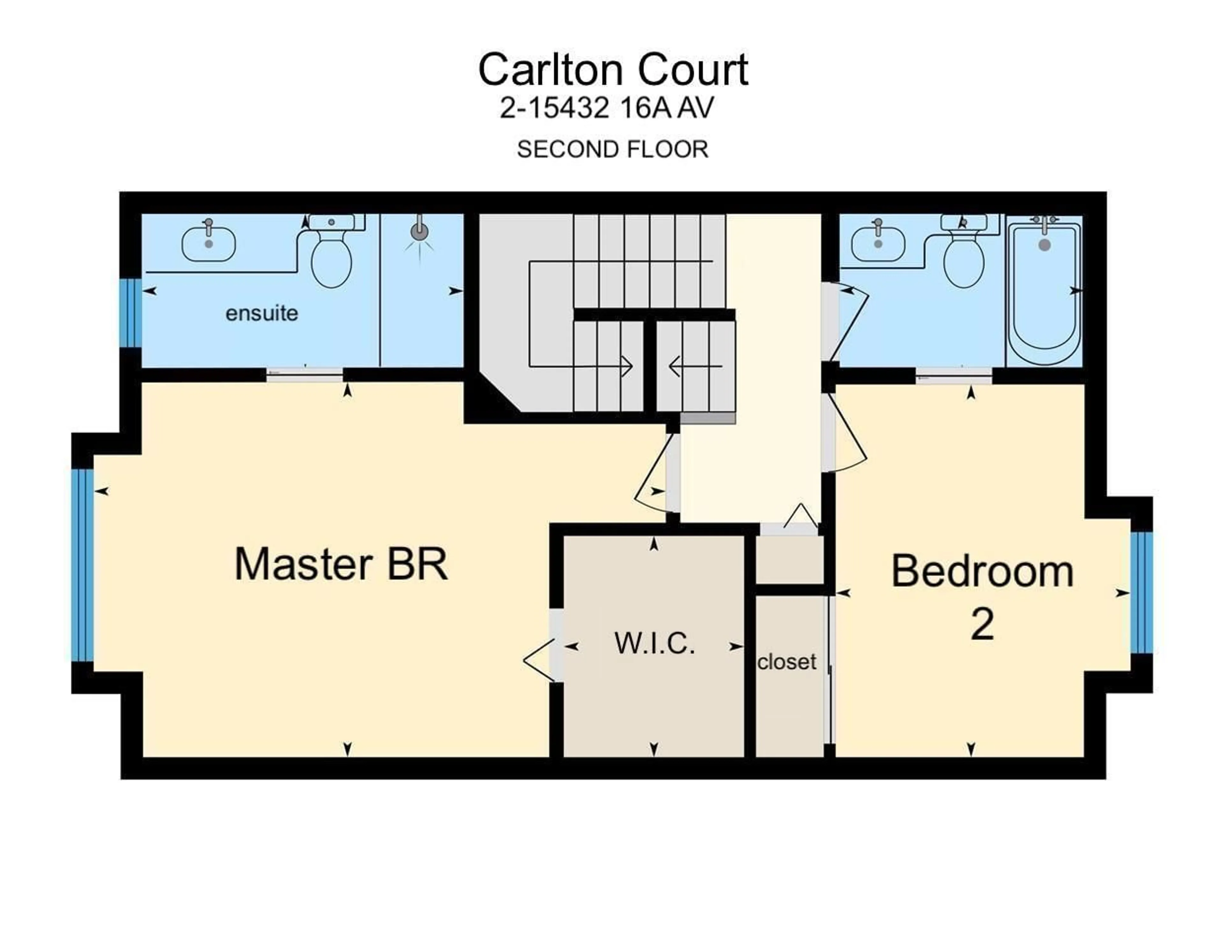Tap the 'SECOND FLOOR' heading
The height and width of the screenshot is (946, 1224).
613,149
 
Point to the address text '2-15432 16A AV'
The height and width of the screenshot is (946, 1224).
606,108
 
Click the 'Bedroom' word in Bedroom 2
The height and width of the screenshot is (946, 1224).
982,571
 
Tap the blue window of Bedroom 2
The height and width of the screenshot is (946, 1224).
1141,593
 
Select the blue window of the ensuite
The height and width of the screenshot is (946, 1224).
131,313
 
